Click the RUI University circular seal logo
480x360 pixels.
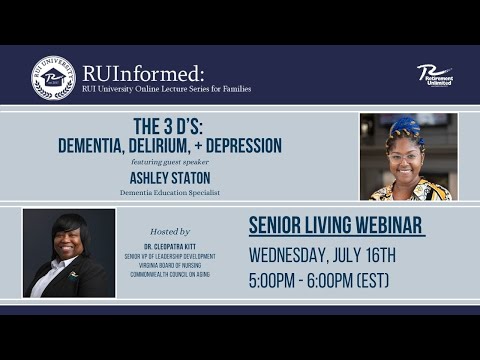coord(53,78)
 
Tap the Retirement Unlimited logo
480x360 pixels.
coord(434,75)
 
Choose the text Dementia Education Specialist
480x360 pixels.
coord(170,192)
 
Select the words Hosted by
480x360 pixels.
coord(169,231)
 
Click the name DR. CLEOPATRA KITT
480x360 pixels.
coord(169,246)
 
